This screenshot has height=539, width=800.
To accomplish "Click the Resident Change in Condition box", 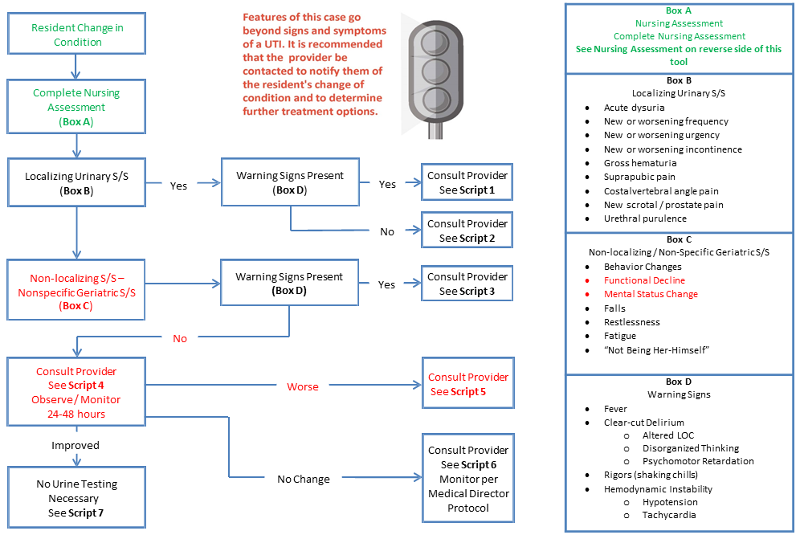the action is [76, 34].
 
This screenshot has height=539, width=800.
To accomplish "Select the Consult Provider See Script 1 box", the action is [467, 182].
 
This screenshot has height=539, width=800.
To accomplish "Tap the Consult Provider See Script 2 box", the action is [467, 231].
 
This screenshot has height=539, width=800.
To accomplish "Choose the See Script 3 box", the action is [467, 284].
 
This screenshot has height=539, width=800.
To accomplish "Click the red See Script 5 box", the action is [467, 383].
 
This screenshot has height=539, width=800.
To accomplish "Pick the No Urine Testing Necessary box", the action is [76, 498].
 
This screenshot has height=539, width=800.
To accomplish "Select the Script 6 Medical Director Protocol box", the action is [467, 478].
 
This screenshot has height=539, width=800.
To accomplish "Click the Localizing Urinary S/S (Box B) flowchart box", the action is [76, 182].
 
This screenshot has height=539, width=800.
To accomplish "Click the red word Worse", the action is [303, 387].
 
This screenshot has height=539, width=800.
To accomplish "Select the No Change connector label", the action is [304, 480].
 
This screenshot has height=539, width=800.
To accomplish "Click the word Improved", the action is [76, 446].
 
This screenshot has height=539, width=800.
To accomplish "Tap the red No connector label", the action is [180, 338].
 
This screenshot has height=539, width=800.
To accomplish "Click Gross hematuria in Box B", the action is [640, 163].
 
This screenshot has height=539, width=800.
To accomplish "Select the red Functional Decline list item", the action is [644, 280].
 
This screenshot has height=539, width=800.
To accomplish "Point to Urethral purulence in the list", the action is [645, 218].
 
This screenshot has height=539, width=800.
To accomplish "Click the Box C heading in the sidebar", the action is [679, 239].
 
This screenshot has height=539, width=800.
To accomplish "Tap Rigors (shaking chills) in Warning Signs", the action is [651, 475].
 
